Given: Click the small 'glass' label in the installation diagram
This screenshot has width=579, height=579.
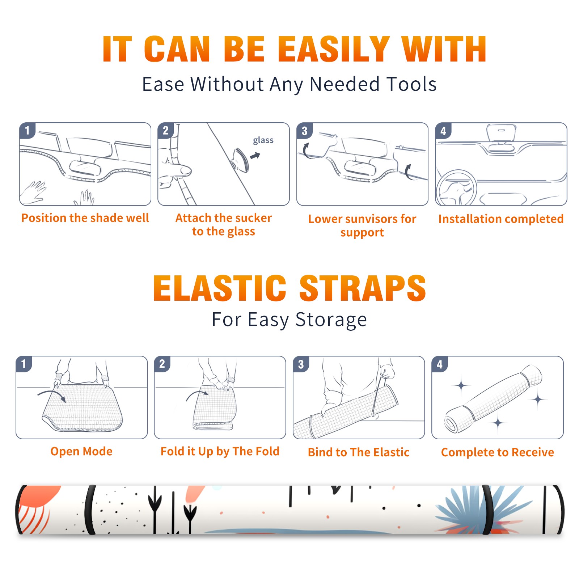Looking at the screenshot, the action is coord(263,140).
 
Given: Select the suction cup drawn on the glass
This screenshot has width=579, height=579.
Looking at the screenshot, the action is coord(240,160).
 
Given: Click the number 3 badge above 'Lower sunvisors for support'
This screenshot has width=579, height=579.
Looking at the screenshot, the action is coord(304,131).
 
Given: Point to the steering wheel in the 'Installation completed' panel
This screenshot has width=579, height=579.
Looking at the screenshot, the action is coord(456,188).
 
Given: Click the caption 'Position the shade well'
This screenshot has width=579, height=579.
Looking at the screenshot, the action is coord(85,218).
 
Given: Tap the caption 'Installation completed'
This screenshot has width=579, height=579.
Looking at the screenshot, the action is coord(501,219).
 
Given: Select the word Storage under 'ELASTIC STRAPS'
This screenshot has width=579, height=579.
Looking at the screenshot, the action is coord(331,320).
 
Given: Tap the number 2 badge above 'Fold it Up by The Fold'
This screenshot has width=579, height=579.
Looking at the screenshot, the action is coord(162,364).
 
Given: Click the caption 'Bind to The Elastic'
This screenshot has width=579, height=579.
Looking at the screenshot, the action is coord(358,452).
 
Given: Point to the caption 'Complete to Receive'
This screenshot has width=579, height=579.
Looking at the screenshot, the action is coord(498,452).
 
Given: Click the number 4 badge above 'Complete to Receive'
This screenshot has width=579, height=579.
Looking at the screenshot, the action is coord(440,364).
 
